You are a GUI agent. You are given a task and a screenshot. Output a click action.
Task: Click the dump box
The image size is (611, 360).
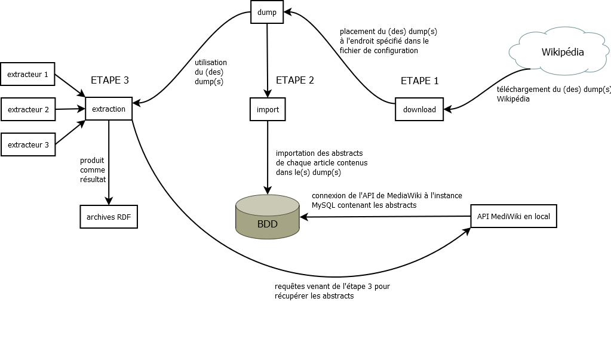coord(267,12)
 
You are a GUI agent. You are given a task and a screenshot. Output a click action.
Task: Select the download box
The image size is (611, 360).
coord(419,109)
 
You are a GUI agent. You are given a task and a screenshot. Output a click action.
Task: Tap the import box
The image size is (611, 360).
coord(268,109)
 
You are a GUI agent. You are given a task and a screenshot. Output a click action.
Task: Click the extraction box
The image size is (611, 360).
coord(109,109)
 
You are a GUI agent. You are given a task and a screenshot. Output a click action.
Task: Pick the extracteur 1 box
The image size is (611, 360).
coord(27,75)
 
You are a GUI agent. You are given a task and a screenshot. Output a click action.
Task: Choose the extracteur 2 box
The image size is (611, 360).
coord(27,109)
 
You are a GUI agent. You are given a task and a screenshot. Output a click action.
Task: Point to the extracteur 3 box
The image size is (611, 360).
coord(27,144)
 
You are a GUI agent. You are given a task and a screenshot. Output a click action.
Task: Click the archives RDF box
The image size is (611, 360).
coord(109,217)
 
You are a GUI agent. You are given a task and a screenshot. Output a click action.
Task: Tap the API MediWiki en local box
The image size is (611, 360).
coord(514,216)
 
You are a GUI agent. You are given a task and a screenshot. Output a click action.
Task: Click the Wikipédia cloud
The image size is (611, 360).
coord(561,53)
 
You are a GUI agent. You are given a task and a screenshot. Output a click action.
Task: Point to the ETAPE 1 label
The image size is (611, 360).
coord(419,81)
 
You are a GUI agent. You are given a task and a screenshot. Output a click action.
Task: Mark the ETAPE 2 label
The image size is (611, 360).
coord(294,80)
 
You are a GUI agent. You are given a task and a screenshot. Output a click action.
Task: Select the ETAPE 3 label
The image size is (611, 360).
coord(109,80)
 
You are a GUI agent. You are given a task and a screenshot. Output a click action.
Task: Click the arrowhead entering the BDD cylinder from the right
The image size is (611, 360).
coord(303,217)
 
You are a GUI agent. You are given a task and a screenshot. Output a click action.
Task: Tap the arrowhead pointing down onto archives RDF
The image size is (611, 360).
coord(109,201)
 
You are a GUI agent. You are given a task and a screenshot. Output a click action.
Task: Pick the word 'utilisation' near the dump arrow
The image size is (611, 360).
coord(211,62)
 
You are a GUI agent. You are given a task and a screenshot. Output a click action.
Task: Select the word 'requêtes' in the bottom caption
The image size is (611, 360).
coord(290,287)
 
